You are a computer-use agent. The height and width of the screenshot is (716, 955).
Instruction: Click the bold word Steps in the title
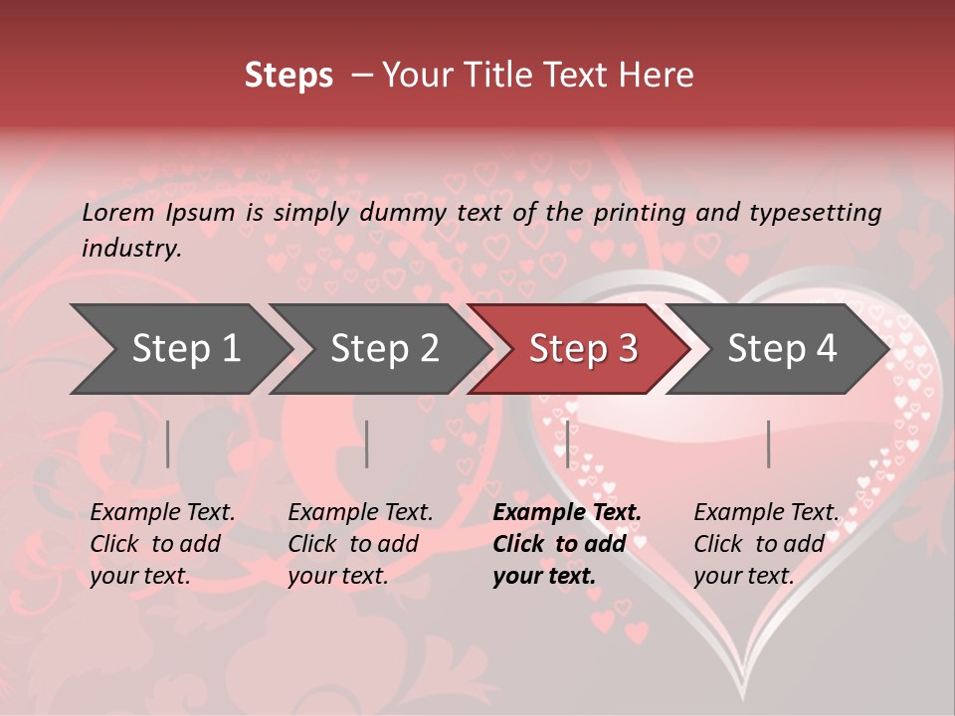(x=288, y=76)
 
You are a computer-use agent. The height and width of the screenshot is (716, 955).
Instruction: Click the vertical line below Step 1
(x=168, y=444)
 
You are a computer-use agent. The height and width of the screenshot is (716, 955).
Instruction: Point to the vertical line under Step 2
(x=367, y=444)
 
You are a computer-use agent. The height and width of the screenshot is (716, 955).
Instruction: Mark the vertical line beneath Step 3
(x=567, y=444)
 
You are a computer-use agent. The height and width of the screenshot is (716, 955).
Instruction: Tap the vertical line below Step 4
(x=768, y=444)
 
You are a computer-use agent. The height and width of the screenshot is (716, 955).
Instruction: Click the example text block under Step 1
(x=162, y=544)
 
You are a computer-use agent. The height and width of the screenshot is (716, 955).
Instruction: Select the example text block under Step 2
(x=360, y=544)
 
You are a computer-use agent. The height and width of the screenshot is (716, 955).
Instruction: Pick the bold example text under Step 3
(x=567, y=544)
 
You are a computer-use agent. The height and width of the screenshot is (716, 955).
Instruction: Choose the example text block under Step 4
(x=766, y=544)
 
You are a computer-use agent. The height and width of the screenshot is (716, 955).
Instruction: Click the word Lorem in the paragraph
(x=118, y=212)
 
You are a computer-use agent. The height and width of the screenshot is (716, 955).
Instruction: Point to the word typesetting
(x=815, y=213)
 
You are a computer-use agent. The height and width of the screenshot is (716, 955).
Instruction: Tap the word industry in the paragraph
(x=131, y=248)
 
